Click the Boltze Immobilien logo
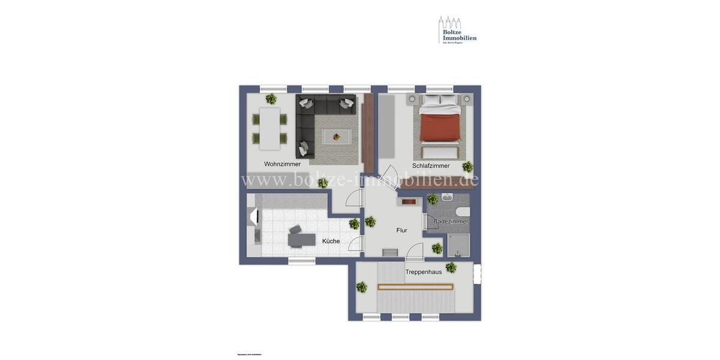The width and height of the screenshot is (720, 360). (457, 30)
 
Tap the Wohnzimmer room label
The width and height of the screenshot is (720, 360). (282, 164)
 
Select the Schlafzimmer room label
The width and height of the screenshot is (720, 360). (431, 166)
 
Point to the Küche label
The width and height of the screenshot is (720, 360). (331, 241)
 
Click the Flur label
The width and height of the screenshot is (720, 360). (401, 230)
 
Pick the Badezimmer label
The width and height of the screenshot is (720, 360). (451, 221)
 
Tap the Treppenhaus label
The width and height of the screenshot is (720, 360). (423, 272)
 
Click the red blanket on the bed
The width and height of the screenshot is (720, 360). (440, 127)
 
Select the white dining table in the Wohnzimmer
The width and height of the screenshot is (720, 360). (269, 128)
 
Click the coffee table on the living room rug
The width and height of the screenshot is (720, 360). (337, 137)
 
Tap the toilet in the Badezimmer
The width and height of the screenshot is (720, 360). (463, 211)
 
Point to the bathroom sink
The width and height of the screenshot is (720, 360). (447, 197)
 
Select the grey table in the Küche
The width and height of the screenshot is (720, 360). (301, 239)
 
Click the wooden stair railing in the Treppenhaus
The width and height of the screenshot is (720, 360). (415, 287)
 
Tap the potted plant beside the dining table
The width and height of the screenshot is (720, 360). (271, 99)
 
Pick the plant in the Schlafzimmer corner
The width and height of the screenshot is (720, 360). (467, 167)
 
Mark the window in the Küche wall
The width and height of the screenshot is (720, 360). (302, 261)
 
